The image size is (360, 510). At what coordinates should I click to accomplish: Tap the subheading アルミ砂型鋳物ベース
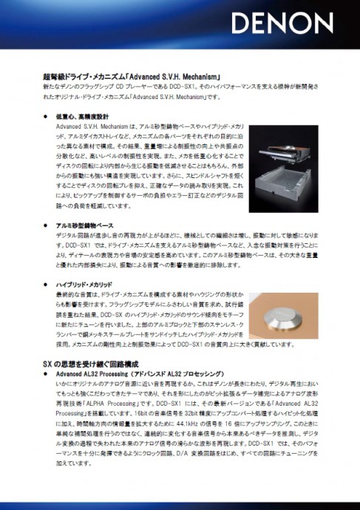(x=85, y=224)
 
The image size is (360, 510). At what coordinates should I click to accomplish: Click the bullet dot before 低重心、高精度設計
(x=46, y=117)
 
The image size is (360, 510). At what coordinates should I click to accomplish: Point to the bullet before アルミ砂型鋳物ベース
(x=46, y=224)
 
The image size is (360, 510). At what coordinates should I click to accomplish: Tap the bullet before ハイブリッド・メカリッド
(x=46, y=284)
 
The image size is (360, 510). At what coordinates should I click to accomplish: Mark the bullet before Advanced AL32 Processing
(x=46, y=375)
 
